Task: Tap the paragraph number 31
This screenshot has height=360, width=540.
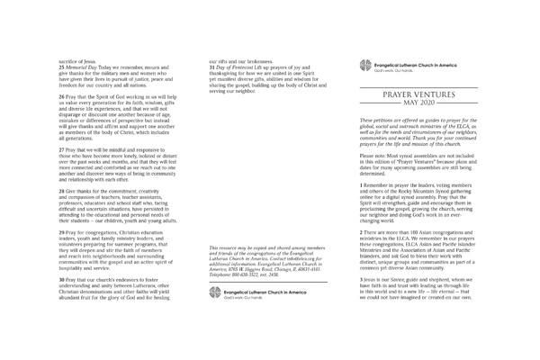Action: tap(211, 67)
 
